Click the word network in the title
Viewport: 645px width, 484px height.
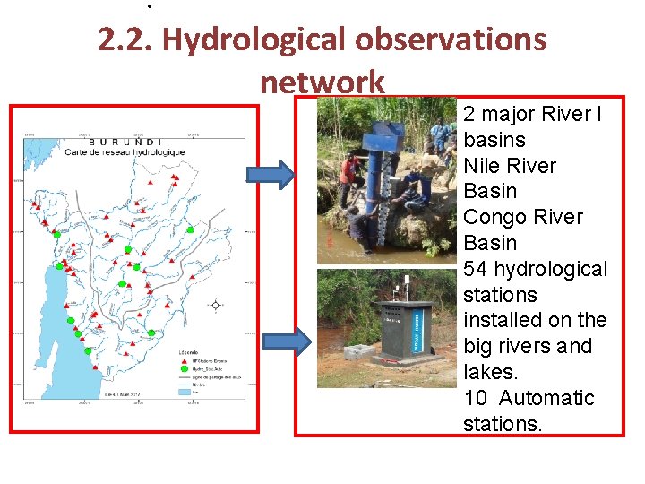coord(322,82)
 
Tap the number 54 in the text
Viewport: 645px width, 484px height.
coord(477,269)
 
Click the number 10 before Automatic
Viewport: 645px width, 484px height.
coord(476,398)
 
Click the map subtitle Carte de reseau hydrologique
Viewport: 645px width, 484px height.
coord(125,152)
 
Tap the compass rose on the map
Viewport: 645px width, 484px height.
coord(215,305)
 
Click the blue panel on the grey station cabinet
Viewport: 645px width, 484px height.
coord(416,329)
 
